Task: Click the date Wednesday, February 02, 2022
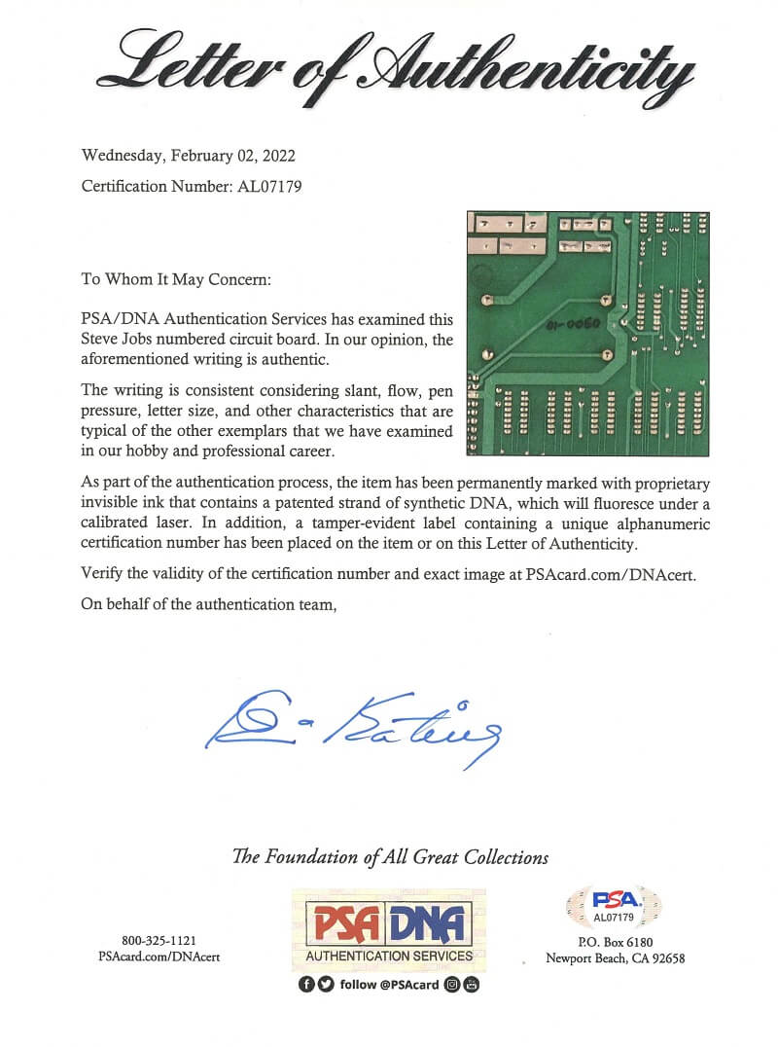(x=189, y=155)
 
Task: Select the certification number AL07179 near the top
(x=269, y=186)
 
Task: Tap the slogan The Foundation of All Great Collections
(x=390, y=857)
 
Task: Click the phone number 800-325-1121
(x=159, y=941)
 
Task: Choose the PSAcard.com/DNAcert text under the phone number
(x=159, y=957)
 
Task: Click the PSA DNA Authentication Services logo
(x=389, y=929)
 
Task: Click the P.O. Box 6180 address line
(x=616, y=942)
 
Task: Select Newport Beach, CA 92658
(x=616, y=958)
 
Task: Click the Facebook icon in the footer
(x=306, y=985)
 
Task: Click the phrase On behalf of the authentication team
(x=209, y=605)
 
